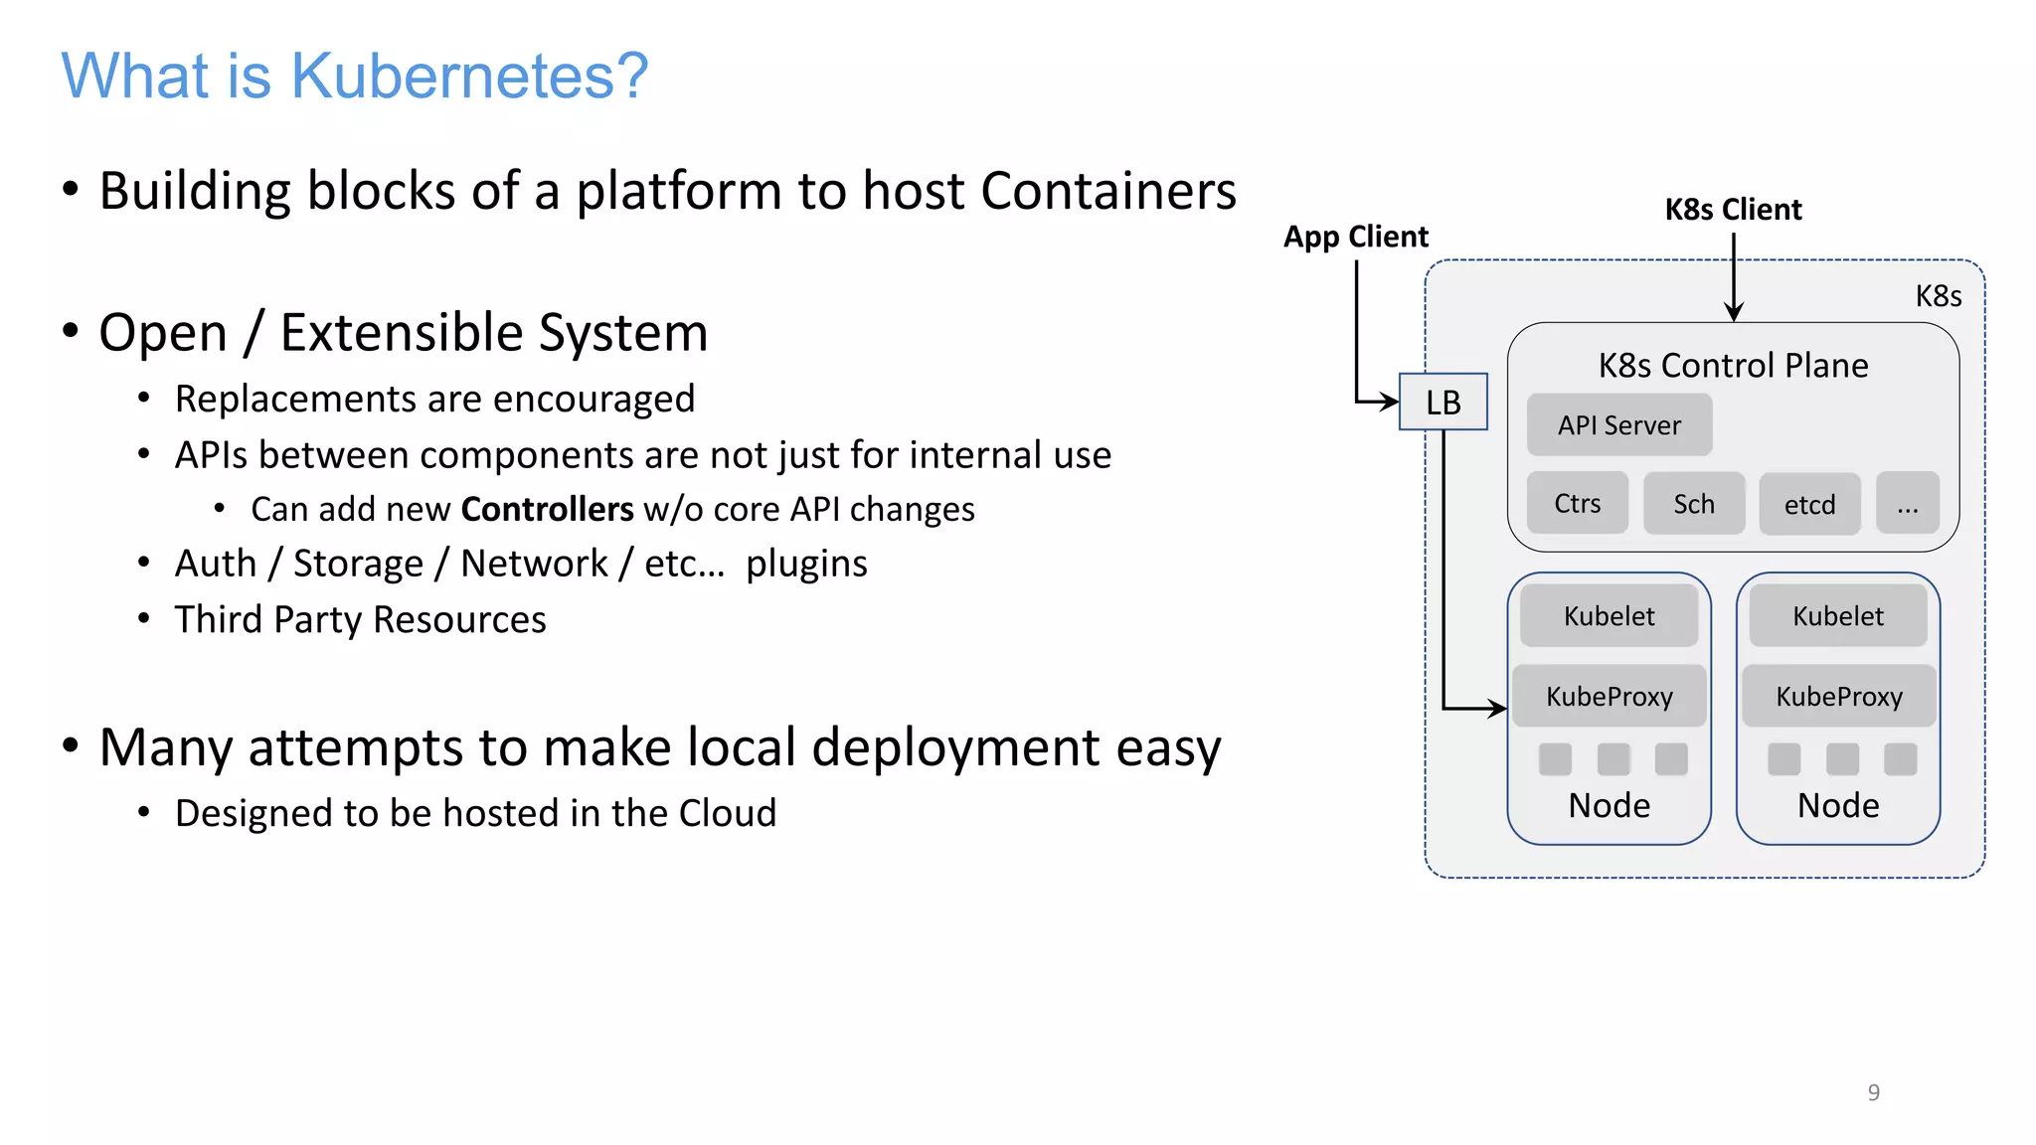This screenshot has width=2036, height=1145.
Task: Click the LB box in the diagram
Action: click(x=1442, y=402)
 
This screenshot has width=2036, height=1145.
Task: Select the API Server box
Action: click(x=1618, y=424)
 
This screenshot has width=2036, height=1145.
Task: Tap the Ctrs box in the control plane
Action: click(x=1577, y=503)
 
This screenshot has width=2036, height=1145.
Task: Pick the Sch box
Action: click(x=1693, y=503)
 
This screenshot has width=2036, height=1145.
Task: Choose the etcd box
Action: click(x=1809, y=504)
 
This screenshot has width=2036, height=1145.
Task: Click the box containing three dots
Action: click(x=1907, y=504)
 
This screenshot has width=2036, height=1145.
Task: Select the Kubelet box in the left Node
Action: click(x=1609, y=615)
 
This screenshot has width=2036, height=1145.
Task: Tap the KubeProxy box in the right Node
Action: click(x=1838, y=696)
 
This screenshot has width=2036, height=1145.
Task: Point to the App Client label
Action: click(x=1355, y=237)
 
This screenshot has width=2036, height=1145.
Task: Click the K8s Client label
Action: click(x=1733, y=210)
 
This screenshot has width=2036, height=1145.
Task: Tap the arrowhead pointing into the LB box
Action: click(x=1391, y=402)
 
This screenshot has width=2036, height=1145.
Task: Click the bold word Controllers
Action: click(x=547, y=509)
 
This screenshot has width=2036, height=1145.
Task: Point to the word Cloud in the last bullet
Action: click(x=727, y=813)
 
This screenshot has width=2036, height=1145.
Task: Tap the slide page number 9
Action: click(x=1873, y=1092)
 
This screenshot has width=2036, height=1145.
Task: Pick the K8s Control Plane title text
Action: click(x=1733, y=365)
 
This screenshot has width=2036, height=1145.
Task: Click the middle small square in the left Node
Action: click(x=1612, y=759)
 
